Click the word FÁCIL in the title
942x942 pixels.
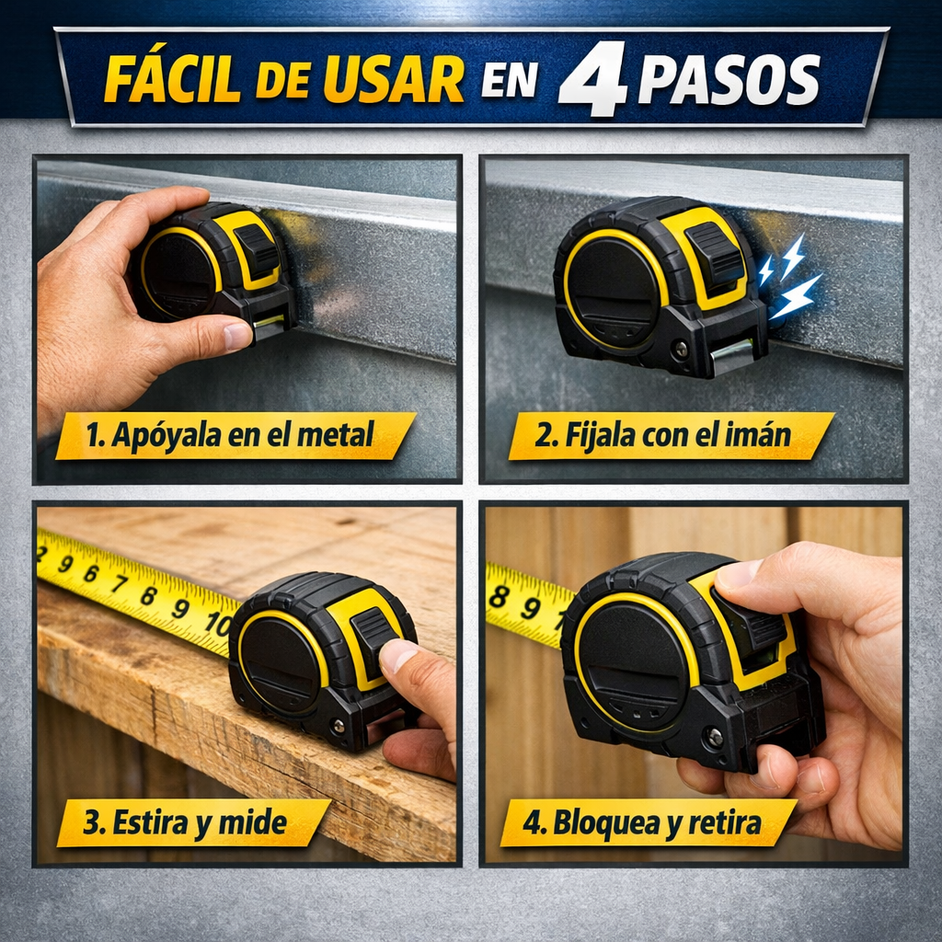(173, 79)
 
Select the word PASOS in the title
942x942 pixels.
(729, 81)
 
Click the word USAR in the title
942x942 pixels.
(394, 79)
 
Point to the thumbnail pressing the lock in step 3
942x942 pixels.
(398, 655)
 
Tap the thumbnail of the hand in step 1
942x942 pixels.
(237, 335)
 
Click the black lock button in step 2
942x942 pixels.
(715, 254)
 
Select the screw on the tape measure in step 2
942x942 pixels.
(681, 348)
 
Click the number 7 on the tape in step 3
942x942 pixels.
(120, 582)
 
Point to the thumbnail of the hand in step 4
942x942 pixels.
(739, 574)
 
